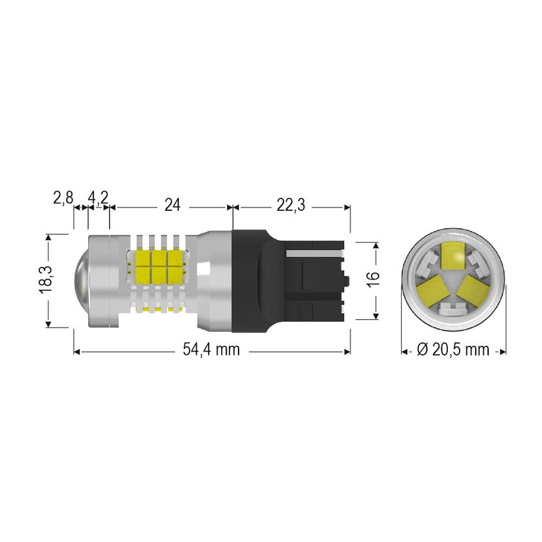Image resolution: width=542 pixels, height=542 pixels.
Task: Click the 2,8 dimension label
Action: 63,198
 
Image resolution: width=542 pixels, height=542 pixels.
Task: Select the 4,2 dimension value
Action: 98,198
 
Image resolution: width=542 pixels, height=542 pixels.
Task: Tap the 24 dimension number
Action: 172,205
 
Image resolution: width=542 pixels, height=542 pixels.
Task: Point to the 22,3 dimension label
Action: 291,205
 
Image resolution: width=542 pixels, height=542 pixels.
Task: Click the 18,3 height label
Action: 46,279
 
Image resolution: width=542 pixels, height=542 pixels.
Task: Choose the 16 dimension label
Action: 373,280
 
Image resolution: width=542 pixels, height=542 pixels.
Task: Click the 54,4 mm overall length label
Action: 211,350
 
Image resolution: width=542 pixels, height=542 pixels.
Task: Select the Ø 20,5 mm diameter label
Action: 453,350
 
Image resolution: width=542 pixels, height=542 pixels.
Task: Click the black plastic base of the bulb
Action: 289,281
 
